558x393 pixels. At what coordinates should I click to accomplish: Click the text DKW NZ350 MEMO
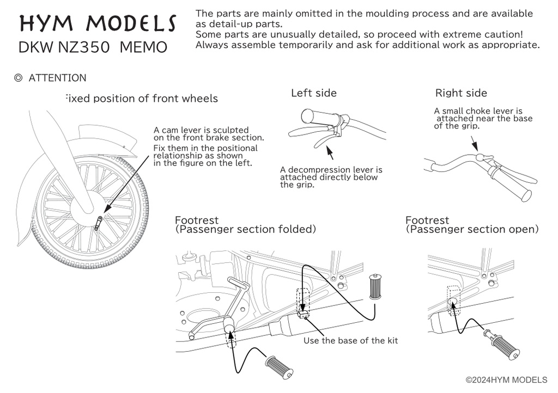(93, 47)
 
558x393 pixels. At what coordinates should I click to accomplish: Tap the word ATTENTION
(57, 78)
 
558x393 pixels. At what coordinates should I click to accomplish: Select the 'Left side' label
(314, 93)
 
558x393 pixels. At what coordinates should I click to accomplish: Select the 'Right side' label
(461, 93)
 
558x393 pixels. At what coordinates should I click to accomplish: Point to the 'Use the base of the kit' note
(350, 341)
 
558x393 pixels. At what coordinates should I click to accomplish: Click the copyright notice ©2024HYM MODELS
(510, 379)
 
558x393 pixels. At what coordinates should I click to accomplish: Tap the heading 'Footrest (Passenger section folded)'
(245, 225)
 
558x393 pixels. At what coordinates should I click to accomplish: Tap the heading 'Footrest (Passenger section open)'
(472, 225)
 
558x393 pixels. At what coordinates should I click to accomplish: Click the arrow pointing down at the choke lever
(473, 143)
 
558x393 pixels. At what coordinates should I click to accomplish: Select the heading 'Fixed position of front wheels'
(141, 99)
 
